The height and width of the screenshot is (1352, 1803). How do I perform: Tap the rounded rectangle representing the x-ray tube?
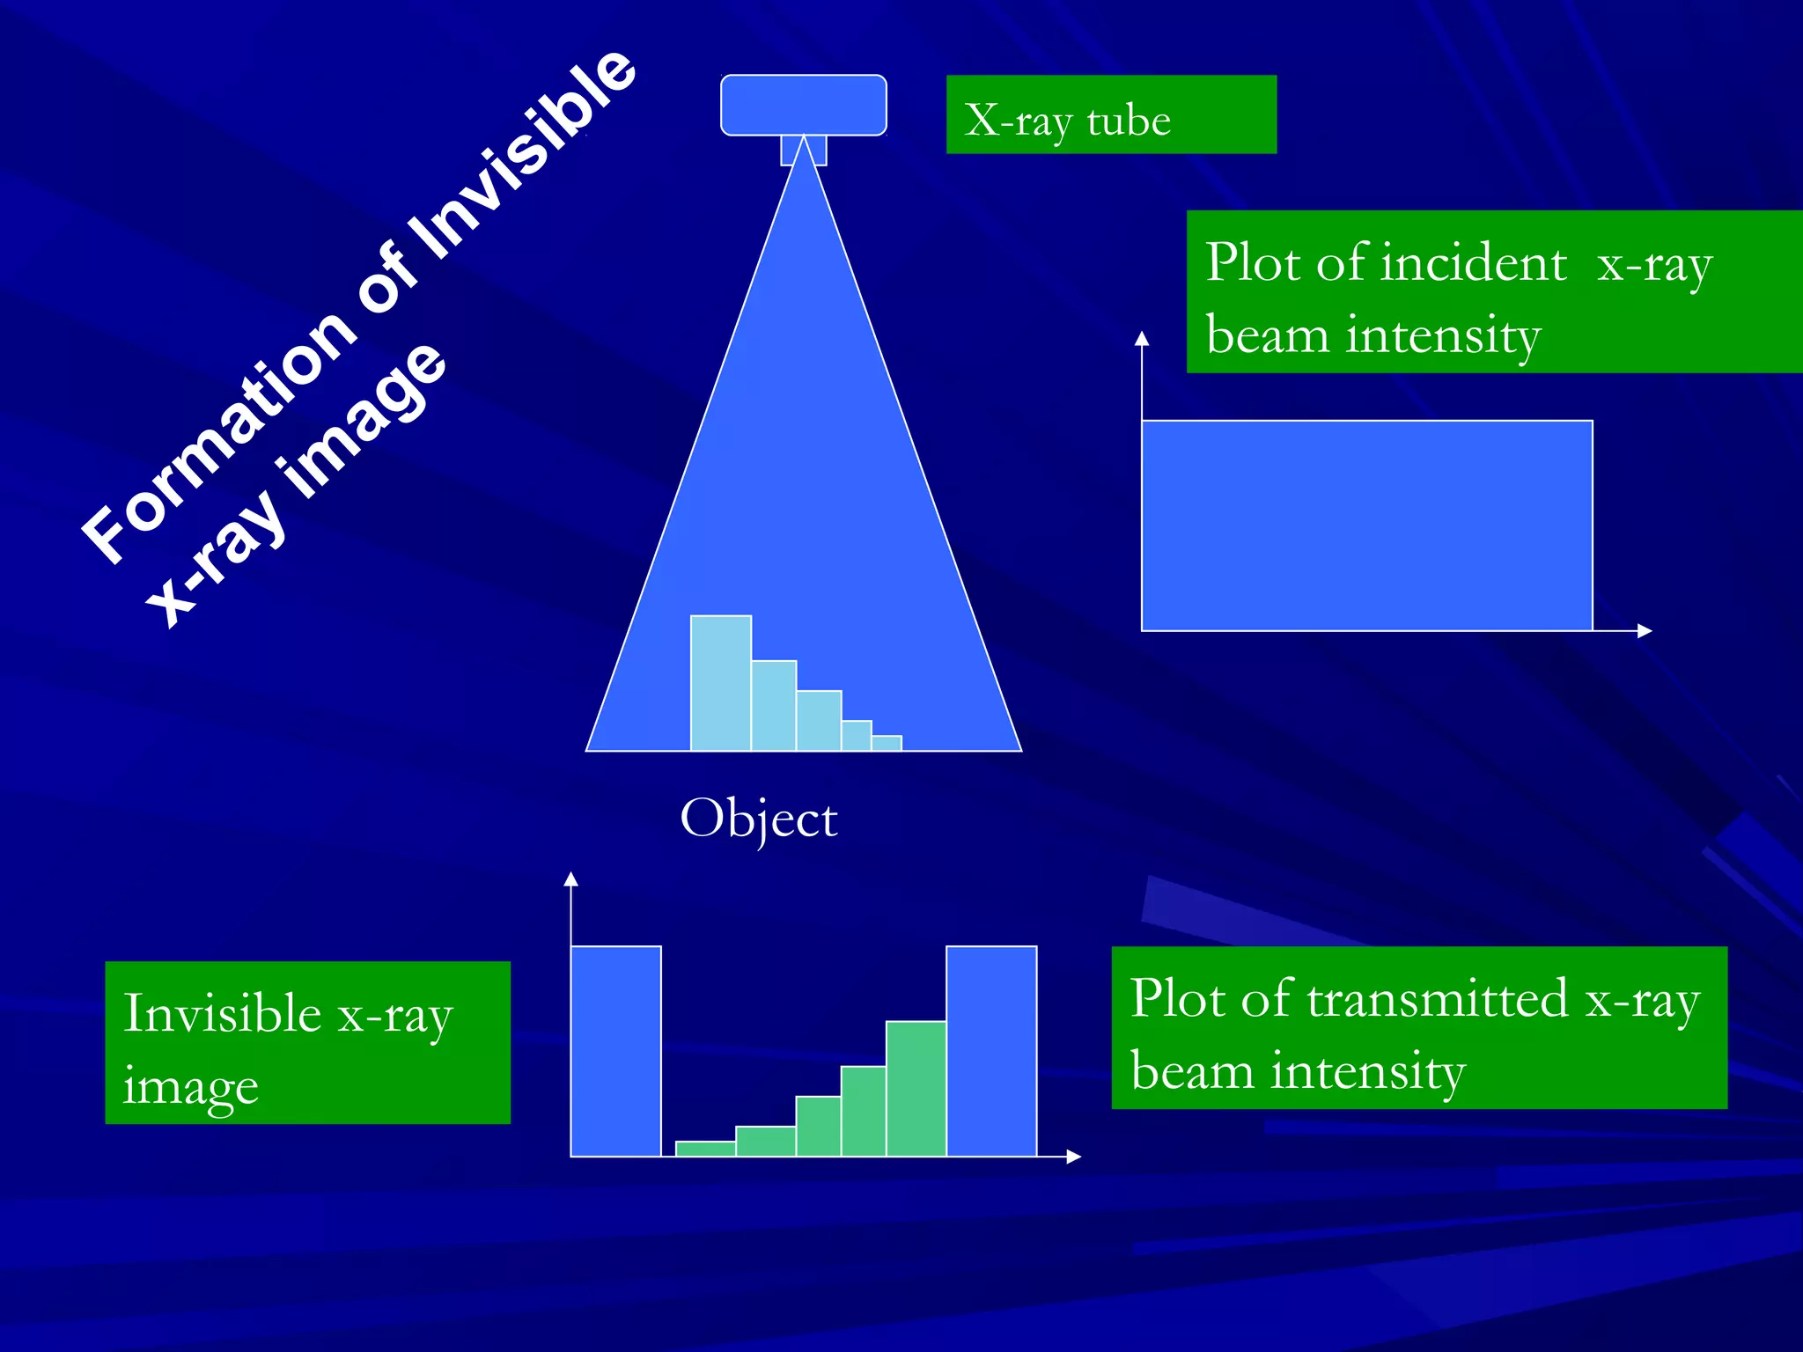point(803,105)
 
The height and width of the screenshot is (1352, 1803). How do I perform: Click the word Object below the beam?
point(759,819)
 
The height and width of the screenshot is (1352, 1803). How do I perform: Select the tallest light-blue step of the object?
point(720,682)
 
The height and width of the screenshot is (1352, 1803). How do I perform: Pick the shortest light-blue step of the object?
point(887,743)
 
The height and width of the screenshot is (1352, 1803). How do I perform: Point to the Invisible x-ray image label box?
point(307,1042)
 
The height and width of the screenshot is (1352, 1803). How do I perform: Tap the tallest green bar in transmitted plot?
point(916,1088)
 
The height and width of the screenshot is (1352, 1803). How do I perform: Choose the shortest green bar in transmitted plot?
point(705,1148)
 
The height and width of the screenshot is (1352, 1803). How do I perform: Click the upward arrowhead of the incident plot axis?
point(1142,339)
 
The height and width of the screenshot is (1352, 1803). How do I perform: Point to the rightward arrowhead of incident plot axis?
point(1645,630)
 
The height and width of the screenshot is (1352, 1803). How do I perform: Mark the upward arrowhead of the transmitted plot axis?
point(570,878)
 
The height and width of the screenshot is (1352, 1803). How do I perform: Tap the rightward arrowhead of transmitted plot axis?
point(1073,1157)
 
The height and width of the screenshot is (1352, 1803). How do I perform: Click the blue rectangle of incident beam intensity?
point(1366,525)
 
